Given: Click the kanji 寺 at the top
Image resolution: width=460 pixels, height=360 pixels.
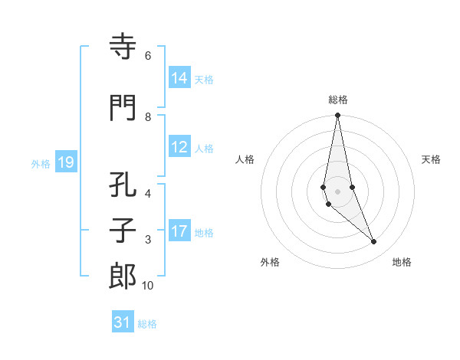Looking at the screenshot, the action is coord(123,48).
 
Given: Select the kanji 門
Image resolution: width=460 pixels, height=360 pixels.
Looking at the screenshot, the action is coord(123,109).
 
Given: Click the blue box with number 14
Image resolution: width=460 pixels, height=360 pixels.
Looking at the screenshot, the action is coord(179,78).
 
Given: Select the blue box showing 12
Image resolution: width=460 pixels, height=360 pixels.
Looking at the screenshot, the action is coord(179,147).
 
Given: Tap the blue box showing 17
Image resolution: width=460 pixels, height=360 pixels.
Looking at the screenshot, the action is coord(179,231).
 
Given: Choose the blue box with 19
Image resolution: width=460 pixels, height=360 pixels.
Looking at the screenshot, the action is coord(65,162).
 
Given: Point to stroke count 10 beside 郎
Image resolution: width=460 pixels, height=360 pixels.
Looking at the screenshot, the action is coord(148,286).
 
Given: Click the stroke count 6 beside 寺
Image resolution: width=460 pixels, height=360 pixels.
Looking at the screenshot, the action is coord(148,56).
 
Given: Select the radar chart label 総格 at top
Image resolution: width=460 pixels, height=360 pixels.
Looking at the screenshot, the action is coord(338,100).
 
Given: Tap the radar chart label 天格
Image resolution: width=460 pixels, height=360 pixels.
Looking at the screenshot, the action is coord(432,159).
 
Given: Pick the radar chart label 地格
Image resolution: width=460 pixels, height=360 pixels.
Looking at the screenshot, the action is coord(402,262).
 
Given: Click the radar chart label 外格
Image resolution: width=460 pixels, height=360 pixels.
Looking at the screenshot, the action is coord(270,262).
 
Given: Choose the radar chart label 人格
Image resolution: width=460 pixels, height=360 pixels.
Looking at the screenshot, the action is coord(245,159).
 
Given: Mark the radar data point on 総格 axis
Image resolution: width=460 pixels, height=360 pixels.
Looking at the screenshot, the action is coord(337,116).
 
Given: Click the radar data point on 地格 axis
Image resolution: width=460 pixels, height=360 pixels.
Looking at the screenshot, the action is coord(374,242).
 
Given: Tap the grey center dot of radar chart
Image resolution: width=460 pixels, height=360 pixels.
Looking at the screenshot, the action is coord(337,191).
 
